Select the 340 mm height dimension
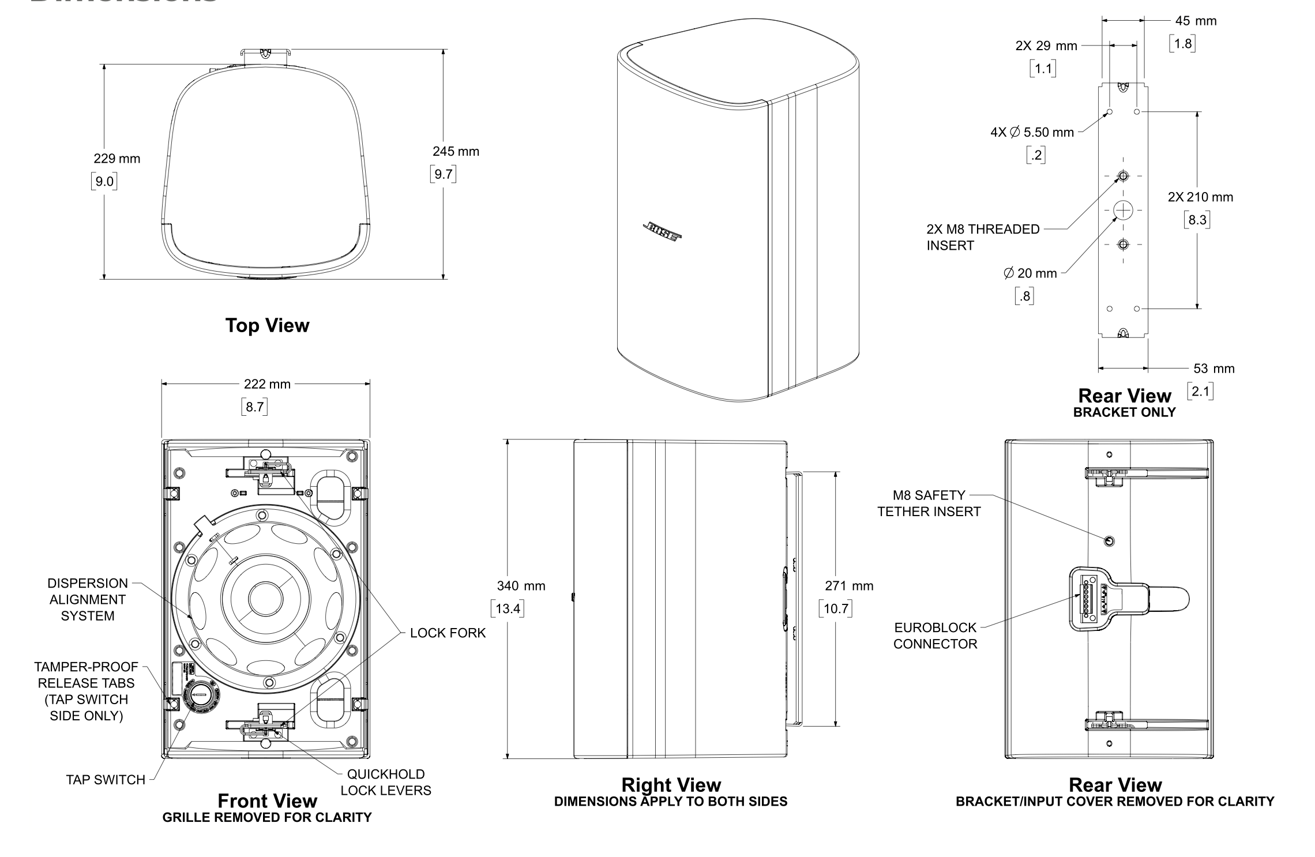pos(521,586)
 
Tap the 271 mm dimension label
pos(849,586)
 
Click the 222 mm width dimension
pos(267,384)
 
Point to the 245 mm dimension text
pos(456,152)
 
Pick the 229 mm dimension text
pos(117,159)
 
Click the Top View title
pos(267,325)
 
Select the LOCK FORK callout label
pos(448,633)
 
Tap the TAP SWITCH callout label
pos(106,780)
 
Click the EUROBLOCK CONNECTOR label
pos(935,636)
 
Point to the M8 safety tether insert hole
pos(1109,541)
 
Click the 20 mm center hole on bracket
pos(1123,211)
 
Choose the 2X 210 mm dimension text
pos(1200,197)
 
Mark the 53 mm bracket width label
pos(1213,369)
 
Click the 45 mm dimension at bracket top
pos(1196,21)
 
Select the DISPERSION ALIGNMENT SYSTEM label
pos(88,599)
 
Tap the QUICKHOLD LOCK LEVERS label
pos(386,782)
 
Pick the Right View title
pos(671,785)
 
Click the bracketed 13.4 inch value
pos(508,608)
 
